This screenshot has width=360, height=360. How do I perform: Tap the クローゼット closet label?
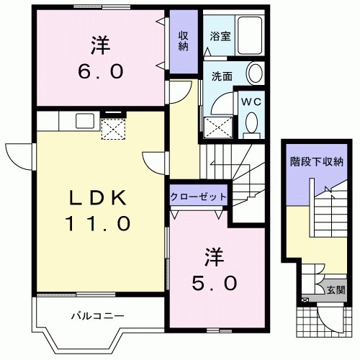point(199,197)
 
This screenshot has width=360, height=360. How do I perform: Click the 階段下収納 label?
point(316,161)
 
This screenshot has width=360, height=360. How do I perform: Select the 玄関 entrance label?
point(335,290)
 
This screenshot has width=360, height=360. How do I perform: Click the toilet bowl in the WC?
point(251,125)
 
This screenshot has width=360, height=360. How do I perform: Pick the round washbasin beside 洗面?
point(253,73)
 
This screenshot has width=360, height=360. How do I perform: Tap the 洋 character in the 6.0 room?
point(100,45)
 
